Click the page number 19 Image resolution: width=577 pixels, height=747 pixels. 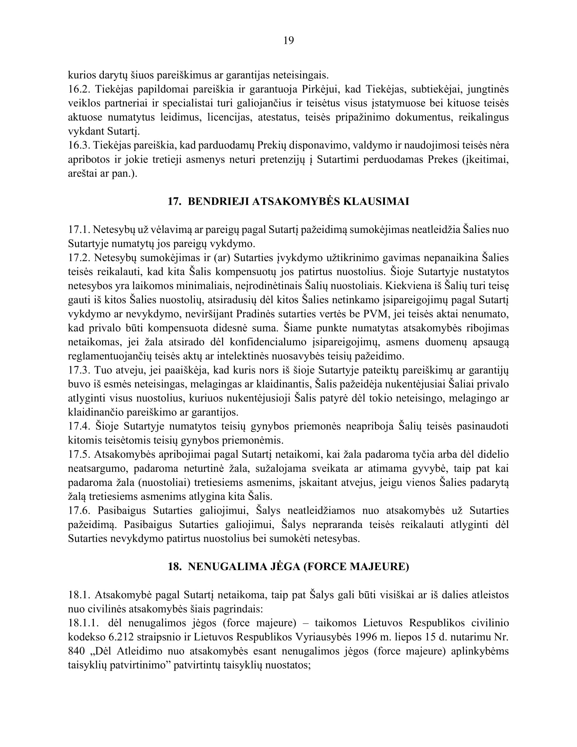point(288,41)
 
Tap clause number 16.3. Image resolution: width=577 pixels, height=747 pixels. point(79,145)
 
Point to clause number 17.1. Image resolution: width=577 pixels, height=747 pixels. point(79,230)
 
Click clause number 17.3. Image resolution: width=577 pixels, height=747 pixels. point(79,370)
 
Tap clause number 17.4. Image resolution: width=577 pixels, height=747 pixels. point(79,426)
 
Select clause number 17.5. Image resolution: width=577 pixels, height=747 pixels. point(79,454)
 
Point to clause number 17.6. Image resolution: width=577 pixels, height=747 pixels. point(79,510)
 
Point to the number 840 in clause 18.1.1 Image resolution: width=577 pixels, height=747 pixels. point(77,651)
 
